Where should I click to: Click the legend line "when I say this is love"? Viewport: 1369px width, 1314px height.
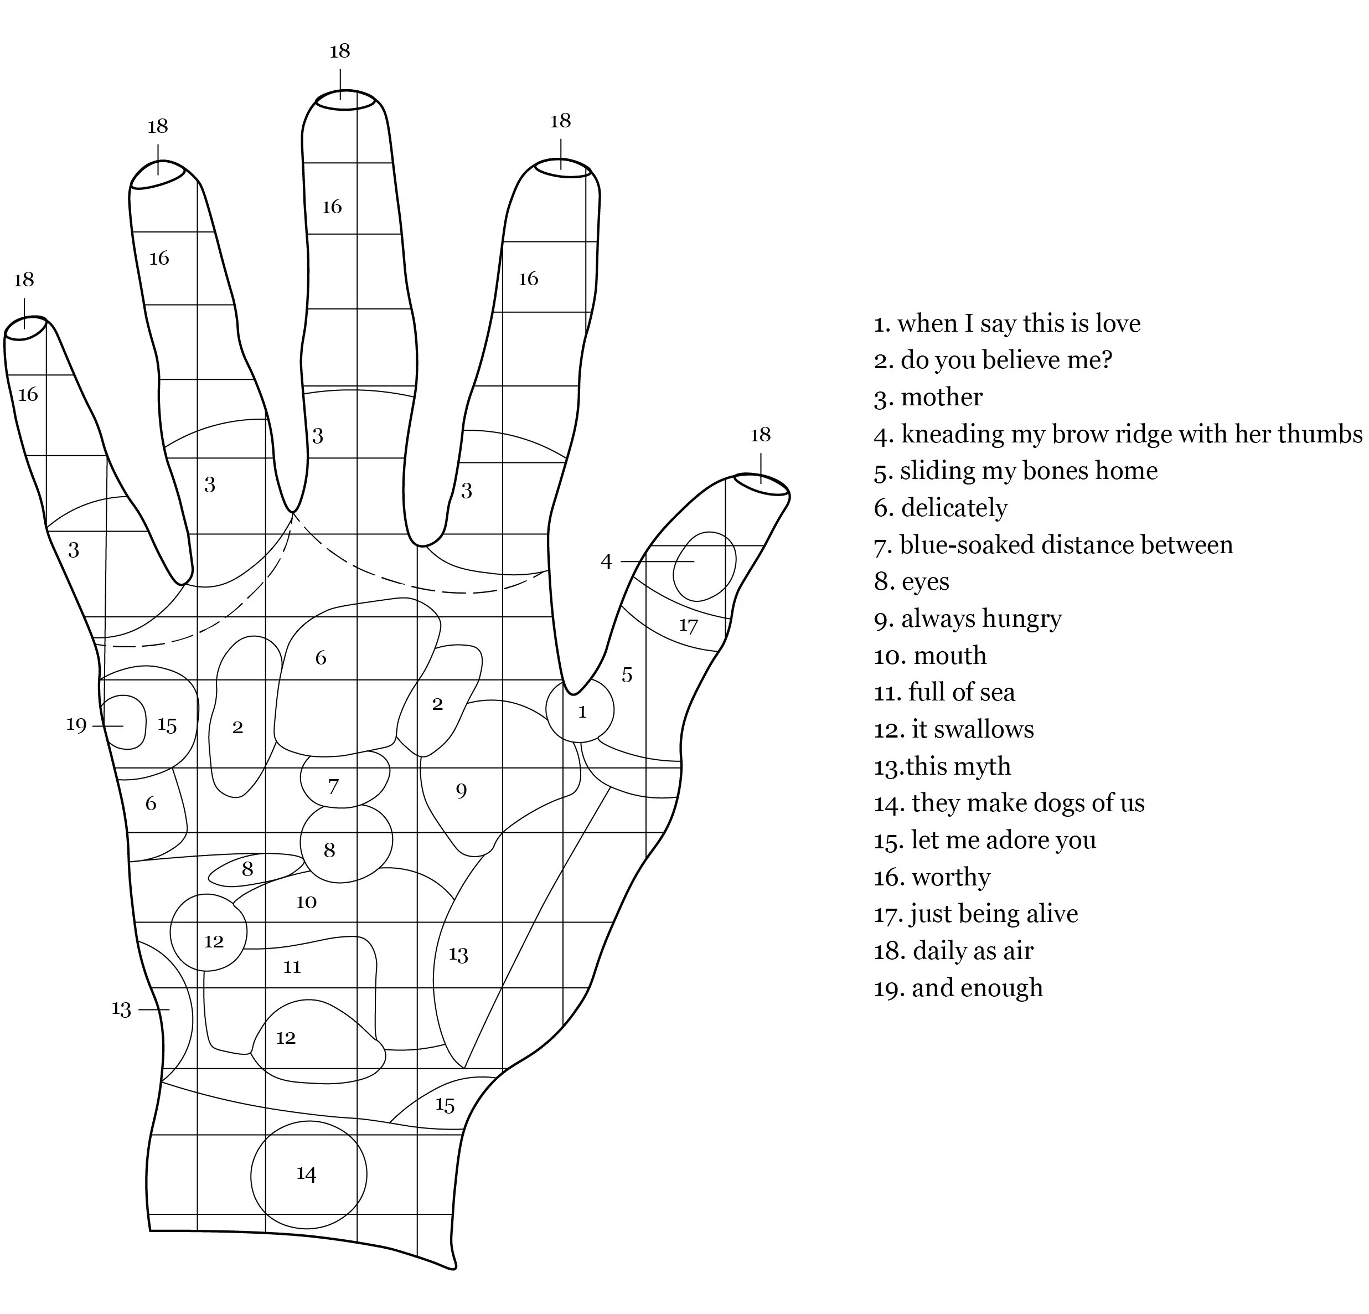tap(1006, 323)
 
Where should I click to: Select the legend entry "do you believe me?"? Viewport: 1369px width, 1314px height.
tap(993, 360)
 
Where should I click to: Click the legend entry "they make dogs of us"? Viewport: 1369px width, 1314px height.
tap(1009, 803)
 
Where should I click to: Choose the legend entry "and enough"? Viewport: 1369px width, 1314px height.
tap(958, 988)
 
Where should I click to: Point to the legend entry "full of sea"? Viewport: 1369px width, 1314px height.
tap(944, 692)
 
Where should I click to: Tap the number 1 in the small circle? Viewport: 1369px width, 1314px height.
tap(582, 712)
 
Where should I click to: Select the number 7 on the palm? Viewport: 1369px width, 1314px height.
tap(333, 787)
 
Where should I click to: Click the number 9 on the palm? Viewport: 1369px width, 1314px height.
tap(461, 791)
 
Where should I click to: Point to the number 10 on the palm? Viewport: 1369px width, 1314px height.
tap(306, 902)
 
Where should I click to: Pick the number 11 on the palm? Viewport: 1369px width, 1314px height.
tap(292, 967)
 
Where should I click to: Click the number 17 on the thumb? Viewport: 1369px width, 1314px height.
tap(688, 625)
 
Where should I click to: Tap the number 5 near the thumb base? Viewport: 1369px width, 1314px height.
tap(627, 675)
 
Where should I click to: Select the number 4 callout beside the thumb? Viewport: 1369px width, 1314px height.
tap(606, 561)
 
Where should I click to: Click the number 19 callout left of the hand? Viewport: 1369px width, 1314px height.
tap(76, 724)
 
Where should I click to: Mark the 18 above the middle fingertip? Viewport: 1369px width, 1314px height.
tap(339, 51)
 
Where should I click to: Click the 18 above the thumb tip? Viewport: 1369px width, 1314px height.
tap(760, 435)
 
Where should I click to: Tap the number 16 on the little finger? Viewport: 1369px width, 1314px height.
tap(28, 395)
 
